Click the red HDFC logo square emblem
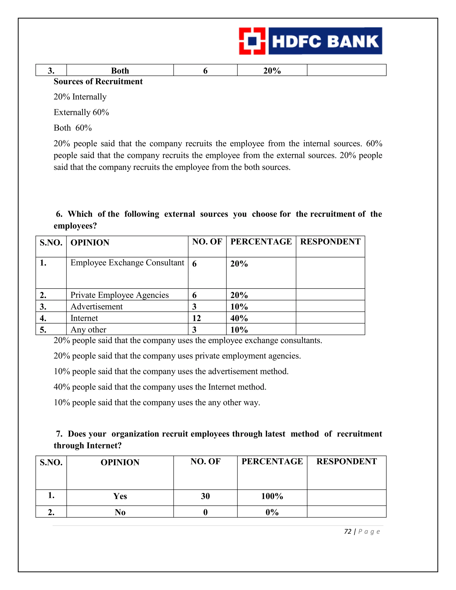tap(252, 41)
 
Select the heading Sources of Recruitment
tap(98, 81)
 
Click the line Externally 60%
tap(81, 112)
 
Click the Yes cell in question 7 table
tap(120, 496)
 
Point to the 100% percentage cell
tap(272, 496)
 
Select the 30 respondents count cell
tap(205, 496)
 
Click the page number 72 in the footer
tap(348, 532)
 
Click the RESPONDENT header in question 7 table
tap(347, 461)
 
